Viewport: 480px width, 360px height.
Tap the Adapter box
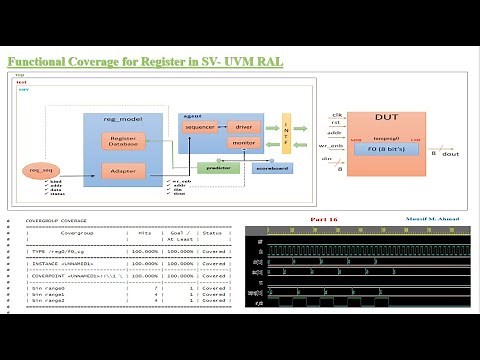pos(124,171)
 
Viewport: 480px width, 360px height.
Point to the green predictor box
pos(218,167)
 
